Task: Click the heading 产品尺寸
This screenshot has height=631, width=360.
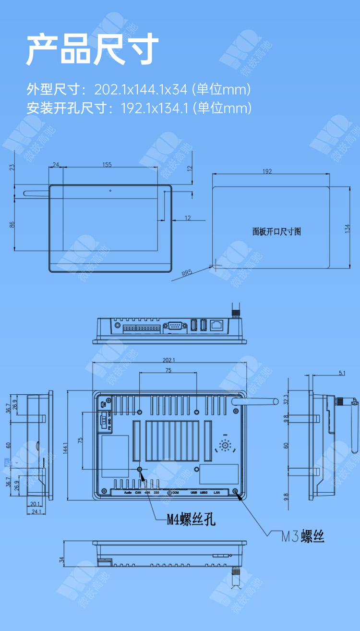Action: (92, 49)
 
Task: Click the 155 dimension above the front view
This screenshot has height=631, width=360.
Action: (107, 165)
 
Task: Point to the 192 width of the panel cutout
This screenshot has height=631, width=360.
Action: (267, 171)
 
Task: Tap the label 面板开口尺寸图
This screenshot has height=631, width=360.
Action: (276, 231)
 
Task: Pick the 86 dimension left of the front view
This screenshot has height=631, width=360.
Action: (12, 224)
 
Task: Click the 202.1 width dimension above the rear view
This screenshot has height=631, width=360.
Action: (169, 360)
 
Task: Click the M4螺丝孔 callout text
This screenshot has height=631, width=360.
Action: (191, 520)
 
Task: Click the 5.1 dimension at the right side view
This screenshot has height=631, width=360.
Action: (342, 373)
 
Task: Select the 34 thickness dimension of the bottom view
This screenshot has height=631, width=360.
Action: (61, 560)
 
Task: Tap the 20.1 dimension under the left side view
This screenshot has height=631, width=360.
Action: (35, 504)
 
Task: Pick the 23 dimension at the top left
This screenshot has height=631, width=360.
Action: (12, 168)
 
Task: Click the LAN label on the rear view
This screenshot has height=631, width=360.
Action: (216, 493)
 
